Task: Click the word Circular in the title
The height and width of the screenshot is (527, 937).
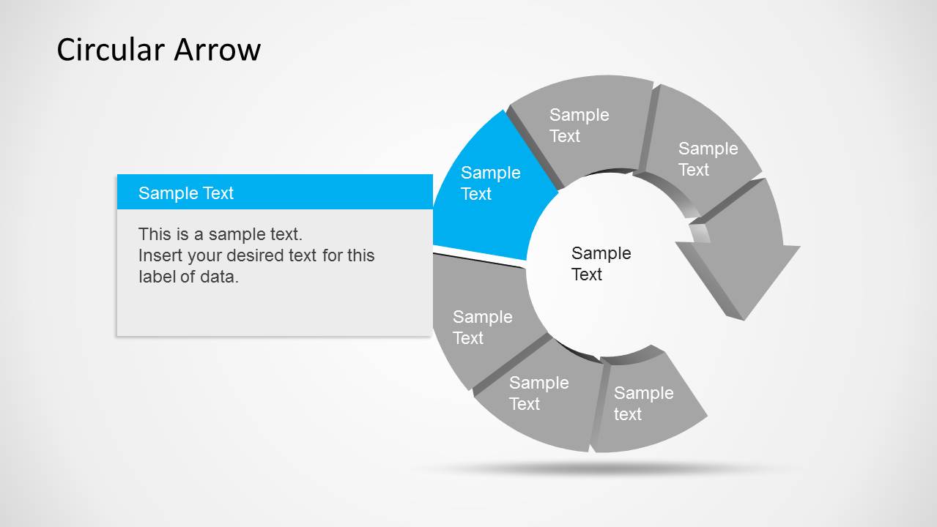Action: [x=111, y=49]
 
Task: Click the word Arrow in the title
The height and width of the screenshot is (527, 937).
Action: [x=217, y=49]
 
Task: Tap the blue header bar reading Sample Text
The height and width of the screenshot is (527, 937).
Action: [x=275, y=192]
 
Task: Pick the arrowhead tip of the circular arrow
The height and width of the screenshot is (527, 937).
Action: [x=744, y=319]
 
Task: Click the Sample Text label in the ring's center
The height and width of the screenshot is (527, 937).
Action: [x=601, y=263]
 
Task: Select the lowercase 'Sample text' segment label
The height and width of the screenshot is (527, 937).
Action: [x=643, y=403]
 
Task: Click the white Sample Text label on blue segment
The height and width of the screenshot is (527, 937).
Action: [x=490, y=183]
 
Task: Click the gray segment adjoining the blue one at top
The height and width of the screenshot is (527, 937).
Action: [x=579, y=125]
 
